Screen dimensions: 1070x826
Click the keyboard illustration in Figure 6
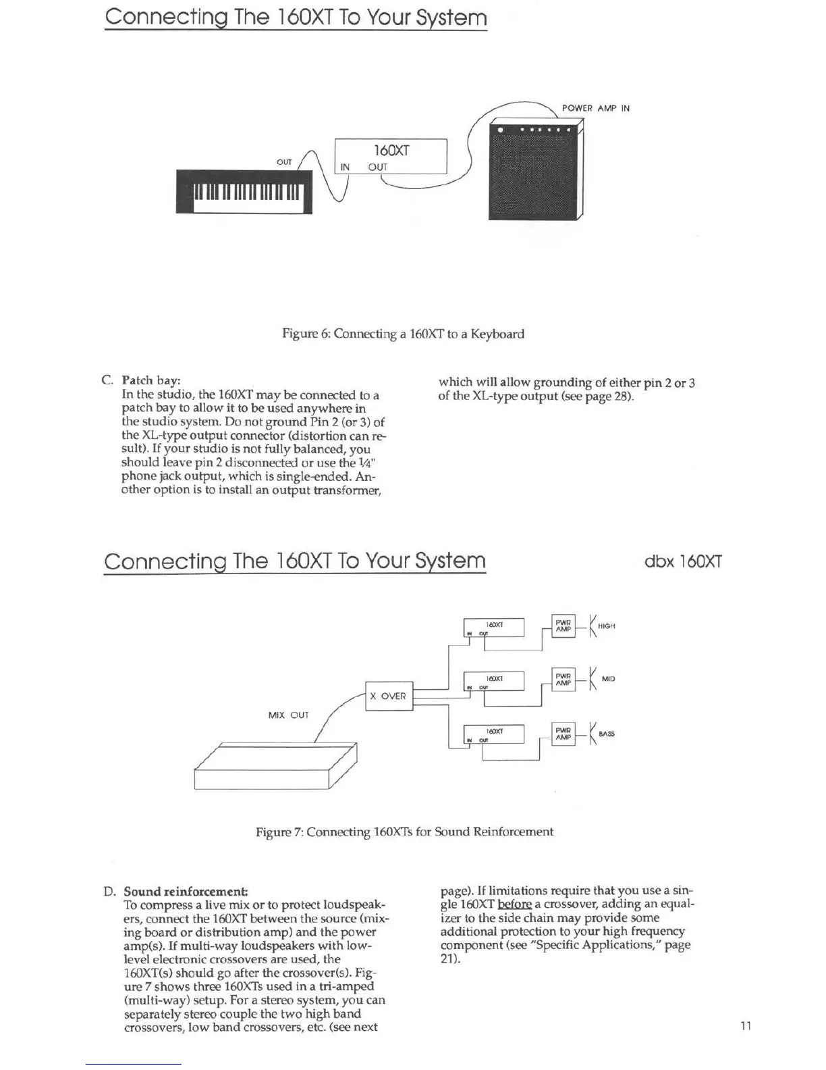[244, 192]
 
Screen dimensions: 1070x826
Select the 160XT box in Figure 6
[391, 157]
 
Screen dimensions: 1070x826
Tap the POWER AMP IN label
[595, 108]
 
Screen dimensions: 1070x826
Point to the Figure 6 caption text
[402, 334]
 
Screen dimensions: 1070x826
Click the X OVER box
[389, 696]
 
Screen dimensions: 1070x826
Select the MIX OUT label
[288, 715]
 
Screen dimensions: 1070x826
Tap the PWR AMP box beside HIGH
[563, 626]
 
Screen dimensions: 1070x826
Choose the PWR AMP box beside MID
[563, 679]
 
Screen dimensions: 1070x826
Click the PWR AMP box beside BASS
[563, 734]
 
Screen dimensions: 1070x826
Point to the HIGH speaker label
[606, 626]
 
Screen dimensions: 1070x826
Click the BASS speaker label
[606, 734]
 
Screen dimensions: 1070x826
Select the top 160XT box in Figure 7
[494, 628]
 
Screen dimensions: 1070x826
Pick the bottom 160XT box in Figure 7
[494, 734]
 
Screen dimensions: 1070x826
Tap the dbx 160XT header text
[683, 561]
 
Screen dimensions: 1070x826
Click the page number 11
[746, 1027]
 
